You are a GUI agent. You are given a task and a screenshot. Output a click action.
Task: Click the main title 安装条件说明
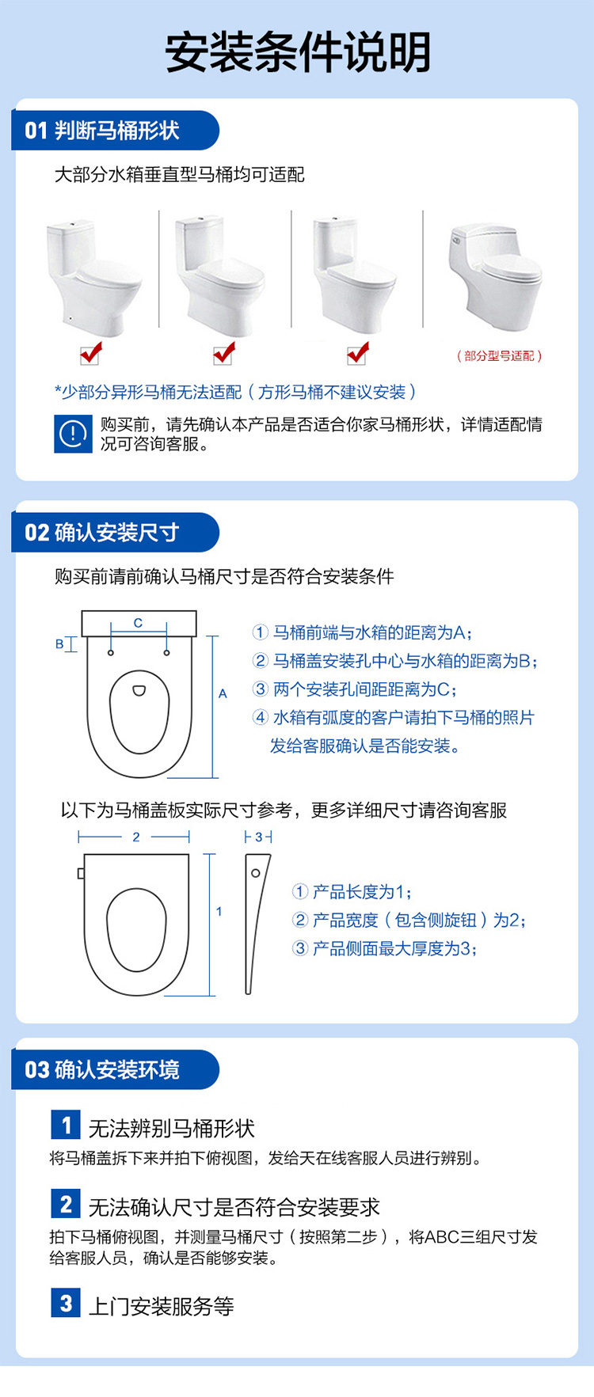pos(297,52)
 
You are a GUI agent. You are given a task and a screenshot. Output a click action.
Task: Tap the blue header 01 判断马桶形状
pos(103,131)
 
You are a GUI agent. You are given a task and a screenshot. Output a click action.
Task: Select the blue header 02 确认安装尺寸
pos(103,533)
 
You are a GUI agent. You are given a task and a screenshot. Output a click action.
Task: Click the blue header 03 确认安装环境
pos(103,1070)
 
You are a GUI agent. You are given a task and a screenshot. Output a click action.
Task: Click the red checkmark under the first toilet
pos(92,353)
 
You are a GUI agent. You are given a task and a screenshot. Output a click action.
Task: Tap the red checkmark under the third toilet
pos(359,353)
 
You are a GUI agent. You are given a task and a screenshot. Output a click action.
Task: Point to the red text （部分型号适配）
pos(499,356)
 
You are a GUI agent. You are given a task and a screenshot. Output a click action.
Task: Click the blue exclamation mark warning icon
pos(73,434)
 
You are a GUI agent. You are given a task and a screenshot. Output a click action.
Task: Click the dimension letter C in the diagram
pos(138,623)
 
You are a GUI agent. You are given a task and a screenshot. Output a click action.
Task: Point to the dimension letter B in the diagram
pos(59,644)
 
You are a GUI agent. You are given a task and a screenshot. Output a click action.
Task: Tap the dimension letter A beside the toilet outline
pos(223,693)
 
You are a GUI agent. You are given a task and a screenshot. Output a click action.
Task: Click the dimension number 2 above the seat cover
pos(136,837)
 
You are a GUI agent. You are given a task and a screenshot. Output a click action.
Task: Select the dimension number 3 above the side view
pos(258,837)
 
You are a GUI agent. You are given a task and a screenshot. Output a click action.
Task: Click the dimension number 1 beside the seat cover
pos(219,911)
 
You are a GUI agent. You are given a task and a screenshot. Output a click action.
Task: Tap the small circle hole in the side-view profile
pos(255,873)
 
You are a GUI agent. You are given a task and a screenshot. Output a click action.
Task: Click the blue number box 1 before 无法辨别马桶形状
pos(66,1125)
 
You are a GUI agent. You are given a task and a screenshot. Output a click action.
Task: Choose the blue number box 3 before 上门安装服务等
pos(66,1303)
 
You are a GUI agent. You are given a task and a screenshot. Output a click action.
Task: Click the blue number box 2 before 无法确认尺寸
pos(66,1204)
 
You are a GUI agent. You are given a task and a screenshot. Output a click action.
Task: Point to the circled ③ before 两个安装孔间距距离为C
pos(261,689)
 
